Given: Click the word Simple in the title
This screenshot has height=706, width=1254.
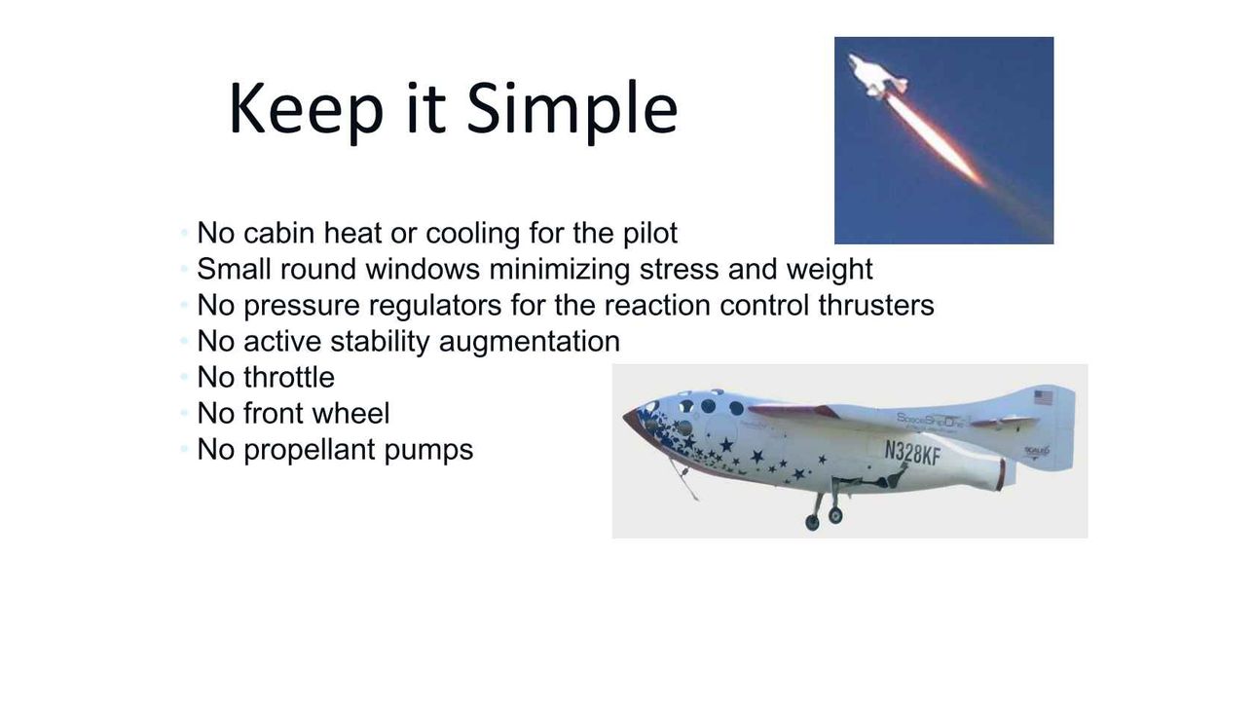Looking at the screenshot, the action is pos(572,109).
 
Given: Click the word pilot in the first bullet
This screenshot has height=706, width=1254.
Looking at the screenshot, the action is pos(650,233).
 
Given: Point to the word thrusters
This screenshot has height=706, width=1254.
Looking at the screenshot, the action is pos(876,305).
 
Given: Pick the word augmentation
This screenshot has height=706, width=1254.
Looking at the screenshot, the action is pos(529,343).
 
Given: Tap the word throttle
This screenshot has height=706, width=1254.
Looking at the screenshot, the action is pos(289,378).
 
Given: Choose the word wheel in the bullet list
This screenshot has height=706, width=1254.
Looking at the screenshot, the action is pos(350,413).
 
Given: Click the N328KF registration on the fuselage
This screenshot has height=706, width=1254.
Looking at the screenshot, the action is pos(912,453).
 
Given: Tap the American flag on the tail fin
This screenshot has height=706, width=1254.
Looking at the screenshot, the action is pos(1043,397).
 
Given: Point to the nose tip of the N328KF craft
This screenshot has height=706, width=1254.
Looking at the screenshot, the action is pos(625,416).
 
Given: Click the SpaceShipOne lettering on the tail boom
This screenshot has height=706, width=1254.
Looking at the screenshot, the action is pos(930,420).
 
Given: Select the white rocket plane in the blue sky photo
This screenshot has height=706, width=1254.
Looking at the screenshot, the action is pos(876,77).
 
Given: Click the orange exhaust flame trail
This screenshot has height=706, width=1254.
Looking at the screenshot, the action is pos(936,139).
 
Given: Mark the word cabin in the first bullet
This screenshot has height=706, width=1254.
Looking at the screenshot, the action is pos(278,233).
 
